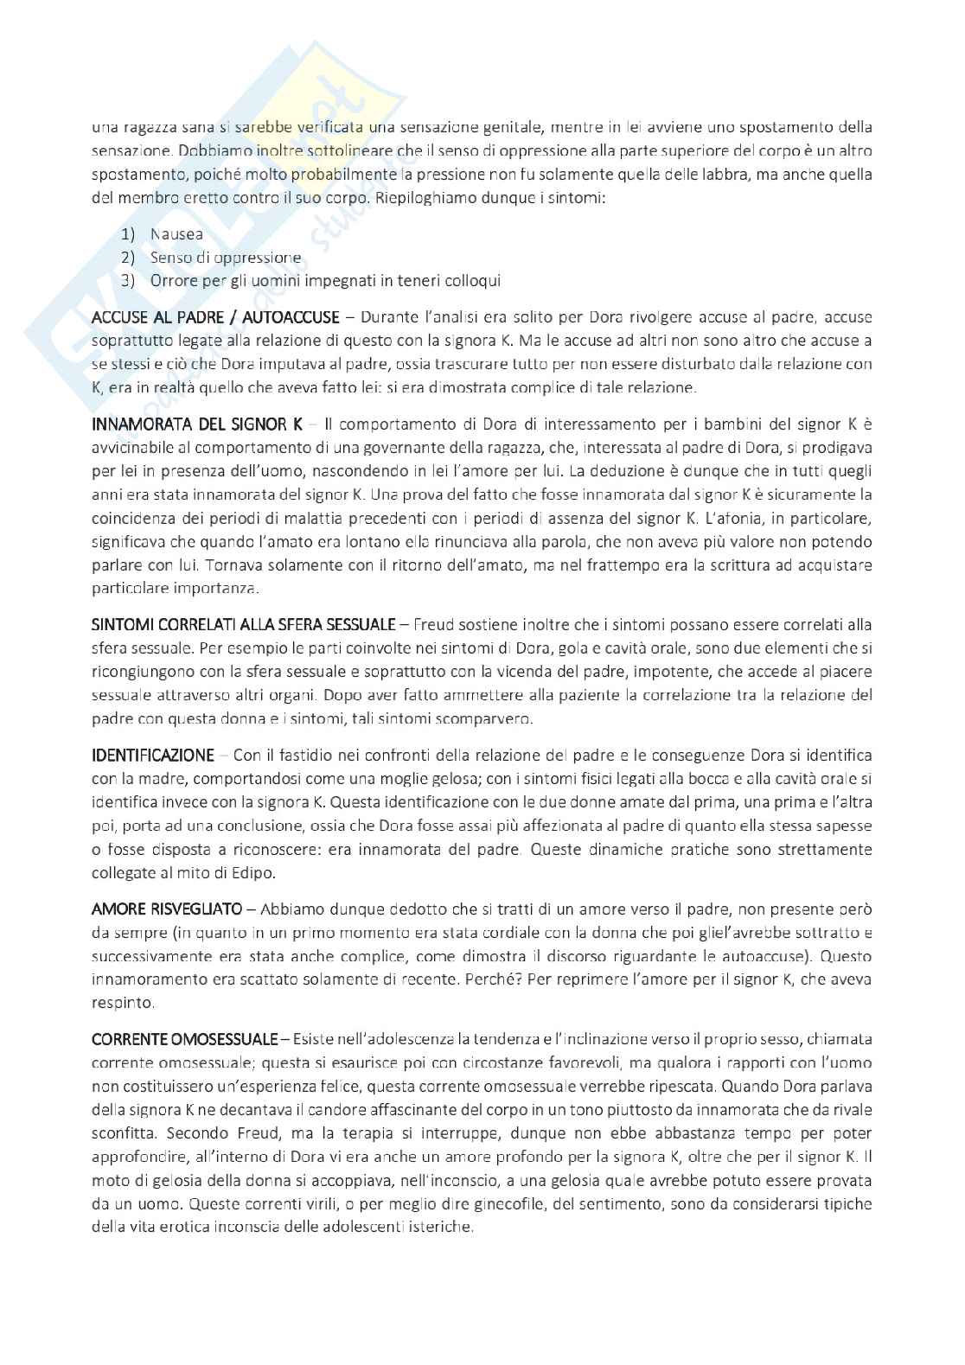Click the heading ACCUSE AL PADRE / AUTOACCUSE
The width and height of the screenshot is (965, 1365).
pos(216,316)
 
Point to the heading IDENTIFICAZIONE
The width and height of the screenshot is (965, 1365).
pos(152,756)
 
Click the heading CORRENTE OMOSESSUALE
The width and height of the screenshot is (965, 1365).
pos(184,1038)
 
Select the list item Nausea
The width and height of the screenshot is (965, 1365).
pos(176,234)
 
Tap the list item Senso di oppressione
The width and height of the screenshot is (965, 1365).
pos(225,258)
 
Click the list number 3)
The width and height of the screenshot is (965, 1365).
pos(129,281)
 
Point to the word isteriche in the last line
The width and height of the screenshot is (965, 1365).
pos(441,1227)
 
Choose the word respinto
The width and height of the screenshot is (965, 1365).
pos(123,1003)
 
